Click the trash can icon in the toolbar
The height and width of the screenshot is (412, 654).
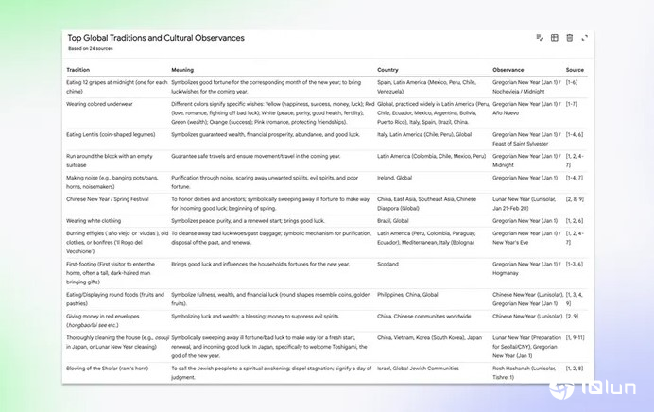[x=569, y=37]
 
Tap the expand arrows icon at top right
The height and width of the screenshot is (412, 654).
[x=584, y=37]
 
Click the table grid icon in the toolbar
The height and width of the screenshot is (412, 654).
[x=554, y=37]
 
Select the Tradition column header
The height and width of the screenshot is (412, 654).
[x=77, y=70]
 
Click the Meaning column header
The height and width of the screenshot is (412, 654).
[x=182, y=70]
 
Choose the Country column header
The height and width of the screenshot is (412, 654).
[x=387, y=70]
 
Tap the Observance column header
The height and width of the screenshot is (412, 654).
[x=510, y=70]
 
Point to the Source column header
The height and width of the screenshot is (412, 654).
[x=575, y=70]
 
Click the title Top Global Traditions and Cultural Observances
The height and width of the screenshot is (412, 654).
[x=156, y=38]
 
